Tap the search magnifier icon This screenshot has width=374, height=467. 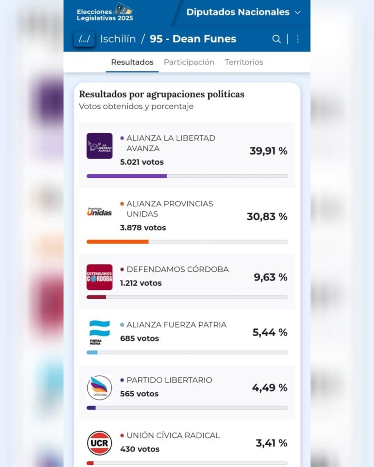click(276, 39)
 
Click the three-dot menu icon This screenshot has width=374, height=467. click(298, 39)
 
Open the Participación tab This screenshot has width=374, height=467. click(189, 62)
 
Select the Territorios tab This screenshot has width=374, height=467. click(244, 62)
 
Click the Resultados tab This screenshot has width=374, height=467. click(132, 62)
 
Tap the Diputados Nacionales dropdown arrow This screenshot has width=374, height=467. click(298, 13)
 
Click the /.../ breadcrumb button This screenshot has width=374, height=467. click(84, 39)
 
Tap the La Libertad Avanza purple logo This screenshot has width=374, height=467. click(100, 146)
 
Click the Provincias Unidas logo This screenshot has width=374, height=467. click(100, 212)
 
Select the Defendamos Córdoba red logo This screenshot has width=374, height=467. click(100, 277)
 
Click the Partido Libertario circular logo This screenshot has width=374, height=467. click(100, 388)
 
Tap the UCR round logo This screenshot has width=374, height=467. click(100, 443)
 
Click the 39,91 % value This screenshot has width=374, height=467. click(269, 151)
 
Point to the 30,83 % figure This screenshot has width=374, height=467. click(267, 217)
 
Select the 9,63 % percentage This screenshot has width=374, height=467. click(271, 277)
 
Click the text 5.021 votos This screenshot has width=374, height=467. click(142, 162)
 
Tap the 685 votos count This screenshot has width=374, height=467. click(139, 338)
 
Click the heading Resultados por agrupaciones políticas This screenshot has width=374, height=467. click(162, 94)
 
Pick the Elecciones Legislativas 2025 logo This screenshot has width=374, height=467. click(105, 12)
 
